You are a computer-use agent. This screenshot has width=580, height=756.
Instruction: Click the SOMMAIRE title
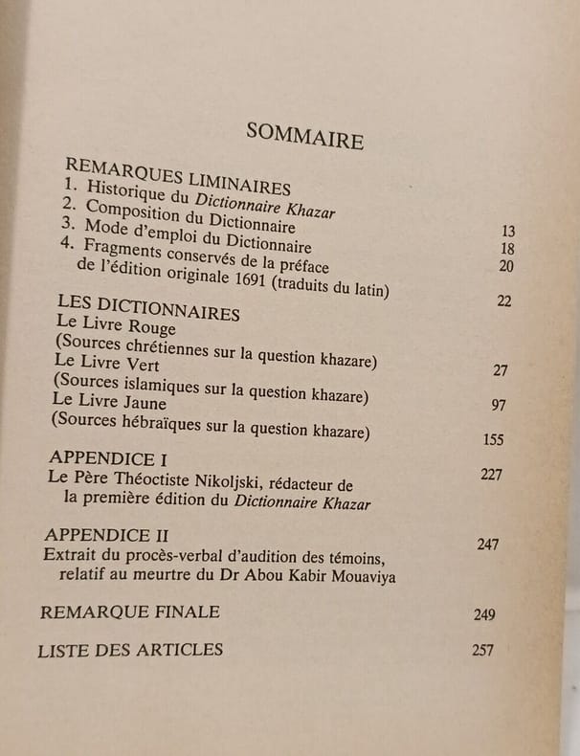point(304,136)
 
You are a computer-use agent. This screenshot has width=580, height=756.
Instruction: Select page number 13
point(508,231)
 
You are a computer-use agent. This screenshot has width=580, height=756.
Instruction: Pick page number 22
point(504,300)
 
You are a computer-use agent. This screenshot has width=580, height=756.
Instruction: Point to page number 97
point(499,405)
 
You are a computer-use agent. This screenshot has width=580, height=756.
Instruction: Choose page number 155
point(493,440)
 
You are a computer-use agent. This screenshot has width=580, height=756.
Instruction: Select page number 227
point(490,475)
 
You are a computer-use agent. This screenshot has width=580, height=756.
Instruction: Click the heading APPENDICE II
point(106,534)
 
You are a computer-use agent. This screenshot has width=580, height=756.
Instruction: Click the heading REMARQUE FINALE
point(130,611)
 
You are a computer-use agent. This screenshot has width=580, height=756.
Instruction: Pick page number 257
point(483,651)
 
